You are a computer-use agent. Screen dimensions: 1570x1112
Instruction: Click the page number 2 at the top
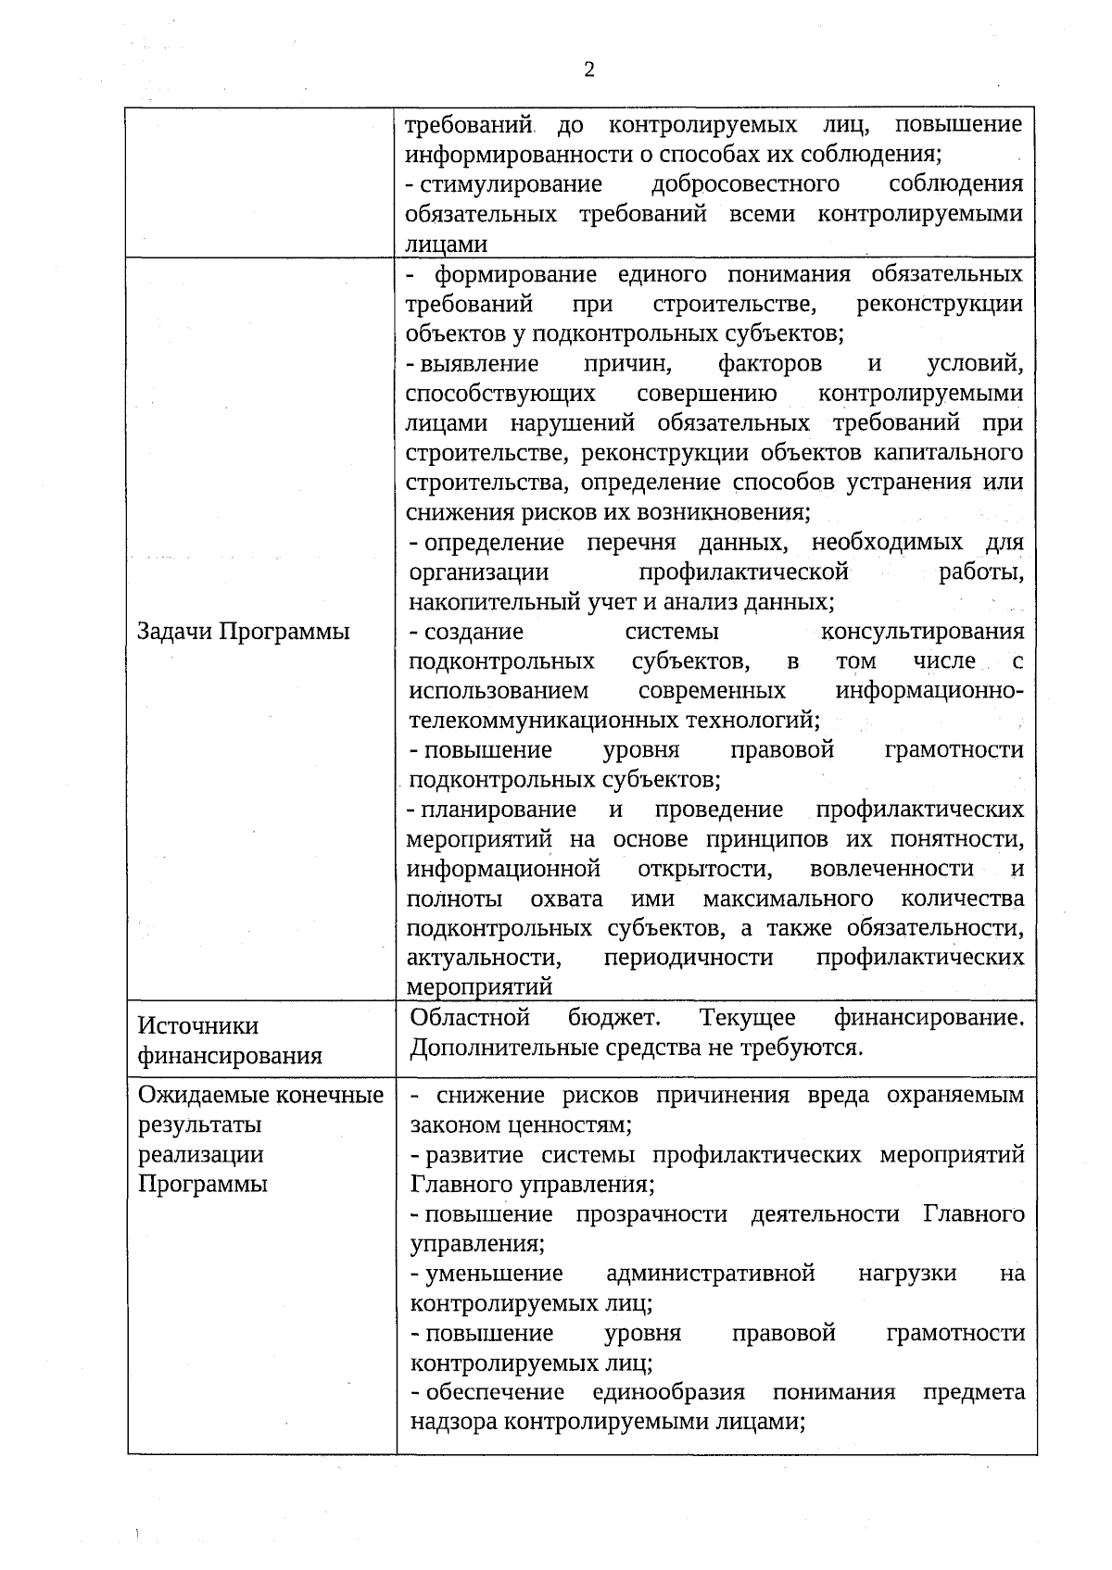588,70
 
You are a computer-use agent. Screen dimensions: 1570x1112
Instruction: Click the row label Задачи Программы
244,632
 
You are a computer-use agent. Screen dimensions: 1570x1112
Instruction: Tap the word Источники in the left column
198,1026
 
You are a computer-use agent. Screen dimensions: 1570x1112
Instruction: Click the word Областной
470,1018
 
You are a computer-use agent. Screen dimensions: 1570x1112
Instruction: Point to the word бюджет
614,1018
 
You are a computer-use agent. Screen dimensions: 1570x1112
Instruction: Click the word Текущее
748,1018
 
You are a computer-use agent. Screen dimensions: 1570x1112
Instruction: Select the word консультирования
922,632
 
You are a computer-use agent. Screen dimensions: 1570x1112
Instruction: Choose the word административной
711,1274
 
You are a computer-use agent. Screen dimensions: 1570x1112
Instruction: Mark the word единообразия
669,1392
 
